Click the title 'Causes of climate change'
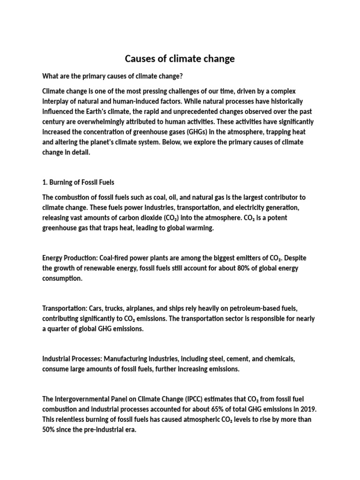click(180, 59)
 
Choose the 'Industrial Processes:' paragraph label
click(72, 359)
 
